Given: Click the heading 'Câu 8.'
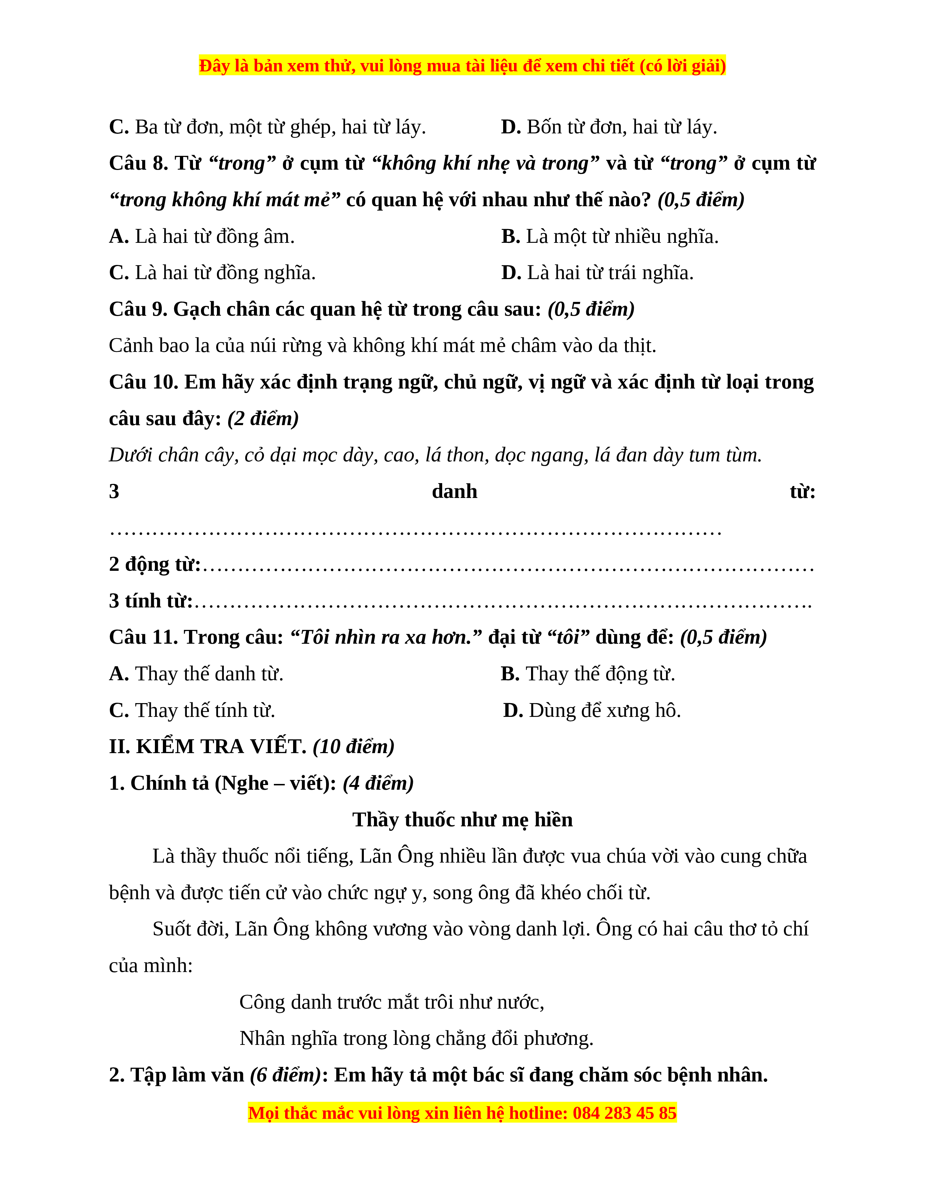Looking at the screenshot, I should coord(139,163).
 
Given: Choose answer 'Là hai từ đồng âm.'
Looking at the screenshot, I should coord(202,237).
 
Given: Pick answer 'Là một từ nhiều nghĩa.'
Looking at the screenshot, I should coord(609,237).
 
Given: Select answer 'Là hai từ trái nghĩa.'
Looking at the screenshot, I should coord(597,273).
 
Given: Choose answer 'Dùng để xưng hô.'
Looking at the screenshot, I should coord(592,711).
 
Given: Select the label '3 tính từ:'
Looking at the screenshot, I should coord(151,601).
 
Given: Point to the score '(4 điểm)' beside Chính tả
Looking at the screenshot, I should coord(378,784).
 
